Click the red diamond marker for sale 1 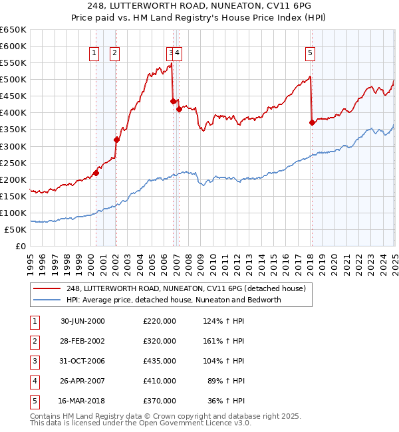(x=96, y=173)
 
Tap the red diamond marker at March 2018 (x=312, y=122)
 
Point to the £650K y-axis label (x=13, y=30)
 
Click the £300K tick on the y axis (x=13, y=146)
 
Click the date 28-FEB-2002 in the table (x=82, y=341)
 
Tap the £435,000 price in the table (x=159, y=361)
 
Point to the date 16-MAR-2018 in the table (x=82, y=401)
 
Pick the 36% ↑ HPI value (x=226, y=401)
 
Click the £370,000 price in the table (x=159, y=401)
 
